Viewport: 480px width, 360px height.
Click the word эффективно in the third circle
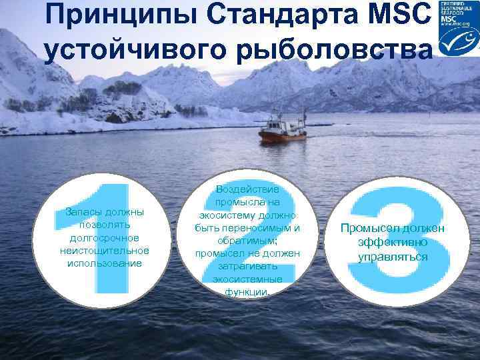tap(392, 243)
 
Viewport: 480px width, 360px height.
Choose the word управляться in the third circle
tap(393, 257)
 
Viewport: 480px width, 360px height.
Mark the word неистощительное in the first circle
tap(104, 251)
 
